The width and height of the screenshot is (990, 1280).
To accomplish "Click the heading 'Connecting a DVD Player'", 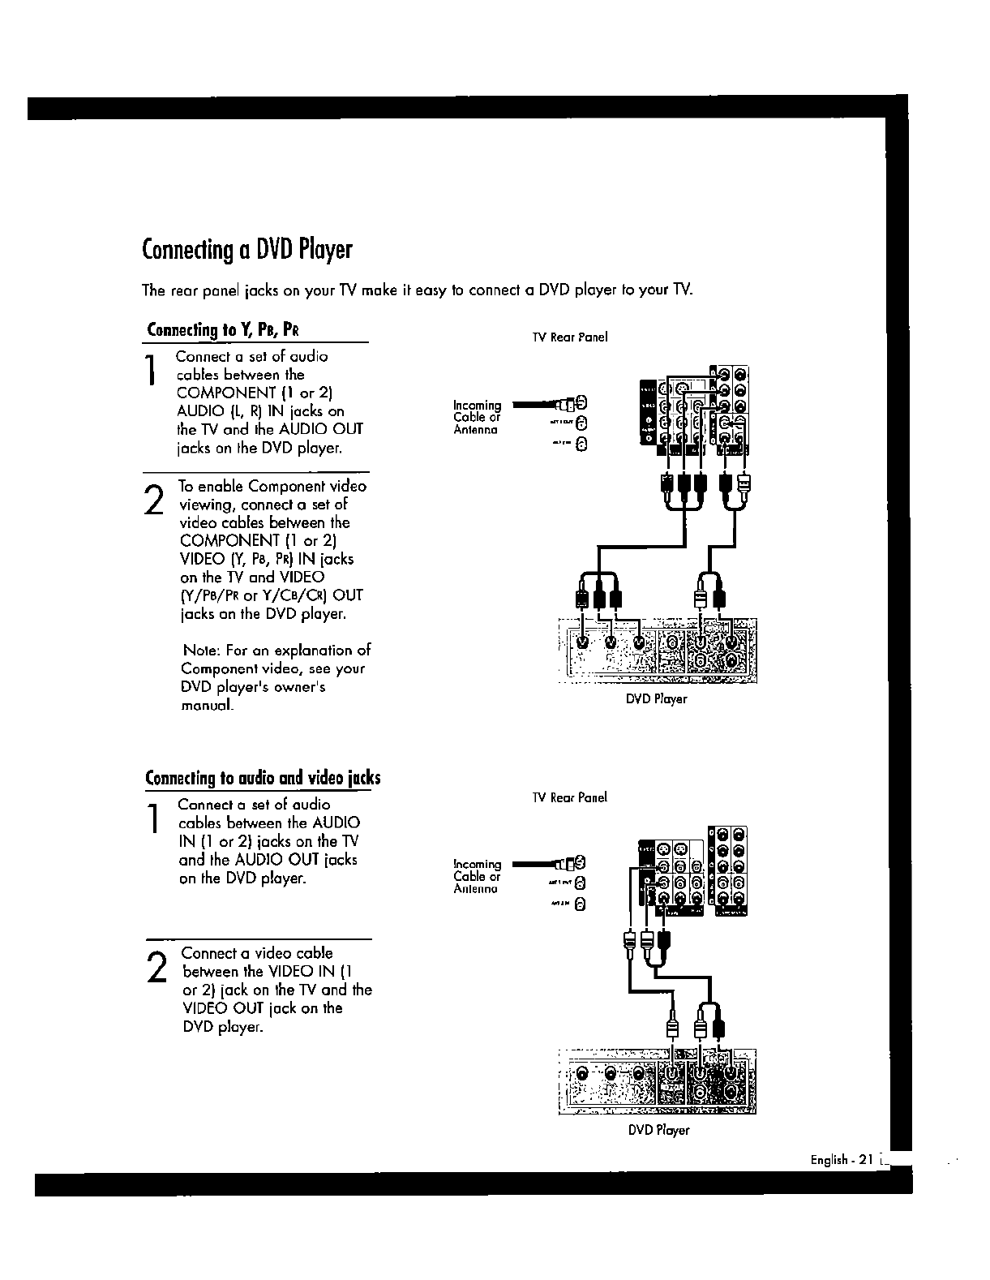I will [246, 249].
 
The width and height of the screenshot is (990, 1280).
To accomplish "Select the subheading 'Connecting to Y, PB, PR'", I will [225, 330].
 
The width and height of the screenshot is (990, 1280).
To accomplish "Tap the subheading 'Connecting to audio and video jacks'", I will [263, 779].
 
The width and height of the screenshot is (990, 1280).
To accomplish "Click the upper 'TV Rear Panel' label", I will [569, 337].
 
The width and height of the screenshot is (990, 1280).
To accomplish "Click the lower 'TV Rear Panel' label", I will [569, 797].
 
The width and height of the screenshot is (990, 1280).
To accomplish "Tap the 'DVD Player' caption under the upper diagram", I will [656, 698].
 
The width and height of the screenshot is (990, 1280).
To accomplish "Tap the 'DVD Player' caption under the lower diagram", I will [658, 1130].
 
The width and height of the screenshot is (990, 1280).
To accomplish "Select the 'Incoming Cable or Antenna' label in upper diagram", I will [477, 417].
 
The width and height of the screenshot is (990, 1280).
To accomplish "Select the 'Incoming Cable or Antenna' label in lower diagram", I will [477, 876].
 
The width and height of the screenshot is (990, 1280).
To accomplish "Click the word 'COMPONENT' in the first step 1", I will [220, 393].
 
